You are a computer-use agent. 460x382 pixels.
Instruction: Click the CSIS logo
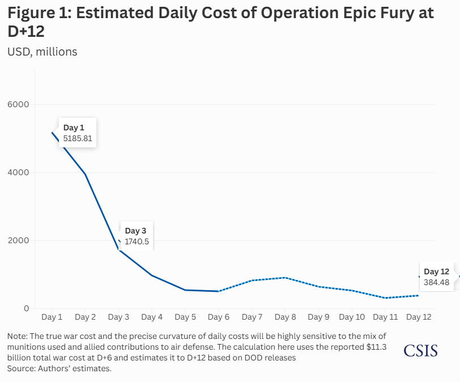coord(420,351)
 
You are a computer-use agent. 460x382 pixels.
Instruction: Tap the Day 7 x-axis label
coord(252,317)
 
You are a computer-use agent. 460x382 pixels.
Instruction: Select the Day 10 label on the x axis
coord(352,317)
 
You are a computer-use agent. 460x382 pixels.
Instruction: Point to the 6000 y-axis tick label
coord(18,104)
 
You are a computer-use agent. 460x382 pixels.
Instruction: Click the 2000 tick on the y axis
coord(18,240)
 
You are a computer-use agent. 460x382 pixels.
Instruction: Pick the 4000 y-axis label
coord(18,172)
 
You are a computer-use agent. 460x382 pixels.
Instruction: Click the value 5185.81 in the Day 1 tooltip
coord(78,138)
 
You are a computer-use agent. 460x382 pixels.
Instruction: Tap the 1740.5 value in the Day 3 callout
coord(137,241)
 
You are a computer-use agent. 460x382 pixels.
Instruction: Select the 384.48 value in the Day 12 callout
coord(437,282)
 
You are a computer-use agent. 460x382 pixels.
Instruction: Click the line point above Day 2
coord(85,174)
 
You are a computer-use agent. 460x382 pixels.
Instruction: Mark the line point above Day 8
coord(286,278)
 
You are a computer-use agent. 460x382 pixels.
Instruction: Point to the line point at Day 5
coord(185,290)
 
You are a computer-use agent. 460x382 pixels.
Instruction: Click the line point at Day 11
coord(385,298)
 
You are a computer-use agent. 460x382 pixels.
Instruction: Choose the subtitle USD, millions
coord(42,52)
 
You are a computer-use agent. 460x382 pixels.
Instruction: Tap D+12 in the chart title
coord(26,32)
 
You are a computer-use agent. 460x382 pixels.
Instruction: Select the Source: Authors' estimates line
coord(59,368)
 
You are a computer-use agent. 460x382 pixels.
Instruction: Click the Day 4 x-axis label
coord(152,317)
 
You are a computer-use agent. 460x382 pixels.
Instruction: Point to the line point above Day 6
coord(219,291)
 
